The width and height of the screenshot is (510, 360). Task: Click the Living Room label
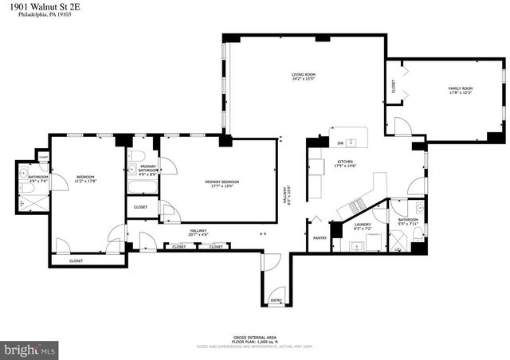pos(303,75)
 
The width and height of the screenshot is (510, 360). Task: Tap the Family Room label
pos(461,88)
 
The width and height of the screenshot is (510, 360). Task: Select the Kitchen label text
pos(345,161)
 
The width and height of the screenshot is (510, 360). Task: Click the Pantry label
pos(320,237)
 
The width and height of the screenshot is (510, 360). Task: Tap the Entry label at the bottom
pos(276,301)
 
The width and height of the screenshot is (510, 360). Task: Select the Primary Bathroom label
pos(148,168)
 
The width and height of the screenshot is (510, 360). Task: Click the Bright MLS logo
pos(31,349)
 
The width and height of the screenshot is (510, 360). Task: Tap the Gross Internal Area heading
pos(254,337)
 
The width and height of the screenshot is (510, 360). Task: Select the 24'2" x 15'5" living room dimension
pos(303,80)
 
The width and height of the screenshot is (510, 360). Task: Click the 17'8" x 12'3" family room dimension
pos(461,93)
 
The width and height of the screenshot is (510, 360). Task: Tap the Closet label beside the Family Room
pos(393,87)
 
